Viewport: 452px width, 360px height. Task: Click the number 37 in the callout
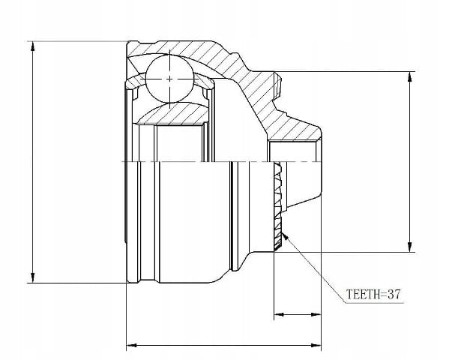point(394,294)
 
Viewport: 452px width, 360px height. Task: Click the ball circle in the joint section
point(170,79)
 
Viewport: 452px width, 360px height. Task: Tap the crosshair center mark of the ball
point(170,79)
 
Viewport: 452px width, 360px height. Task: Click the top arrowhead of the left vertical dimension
point(33,47)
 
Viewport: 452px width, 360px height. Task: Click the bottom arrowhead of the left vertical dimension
point(33,277)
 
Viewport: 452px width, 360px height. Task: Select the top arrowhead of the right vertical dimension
point(409,77)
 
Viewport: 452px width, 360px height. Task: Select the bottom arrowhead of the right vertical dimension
point(409,247)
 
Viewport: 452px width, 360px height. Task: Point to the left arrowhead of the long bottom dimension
point(132,345)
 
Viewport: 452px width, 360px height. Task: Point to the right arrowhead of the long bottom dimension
point(316,345)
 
